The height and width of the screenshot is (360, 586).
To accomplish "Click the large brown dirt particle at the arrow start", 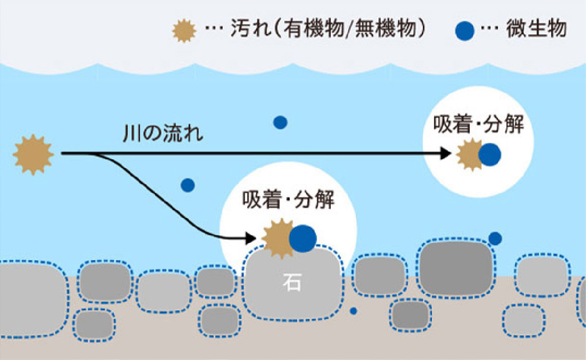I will (x=33, y=153).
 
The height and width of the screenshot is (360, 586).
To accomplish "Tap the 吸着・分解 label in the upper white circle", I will (x=478, y=124).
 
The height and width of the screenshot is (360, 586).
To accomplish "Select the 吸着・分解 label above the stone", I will (x=288, y=200).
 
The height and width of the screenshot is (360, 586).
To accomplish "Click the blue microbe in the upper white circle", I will (x=490, y=154).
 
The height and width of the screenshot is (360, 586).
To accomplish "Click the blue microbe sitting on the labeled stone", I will (x=303, y=238).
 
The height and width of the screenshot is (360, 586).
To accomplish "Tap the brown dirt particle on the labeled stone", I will (x=278, y=238).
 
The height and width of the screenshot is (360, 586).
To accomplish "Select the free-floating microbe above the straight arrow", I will (x=280, y=122).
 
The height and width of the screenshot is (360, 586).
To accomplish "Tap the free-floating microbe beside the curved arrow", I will (x=188, y=185).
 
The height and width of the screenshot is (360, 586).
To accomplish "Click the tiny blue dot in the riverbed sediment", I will (x=353, y=311).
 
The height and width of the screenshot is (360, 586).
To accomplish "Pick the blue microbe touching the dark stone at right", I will (x=495, y=238).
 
